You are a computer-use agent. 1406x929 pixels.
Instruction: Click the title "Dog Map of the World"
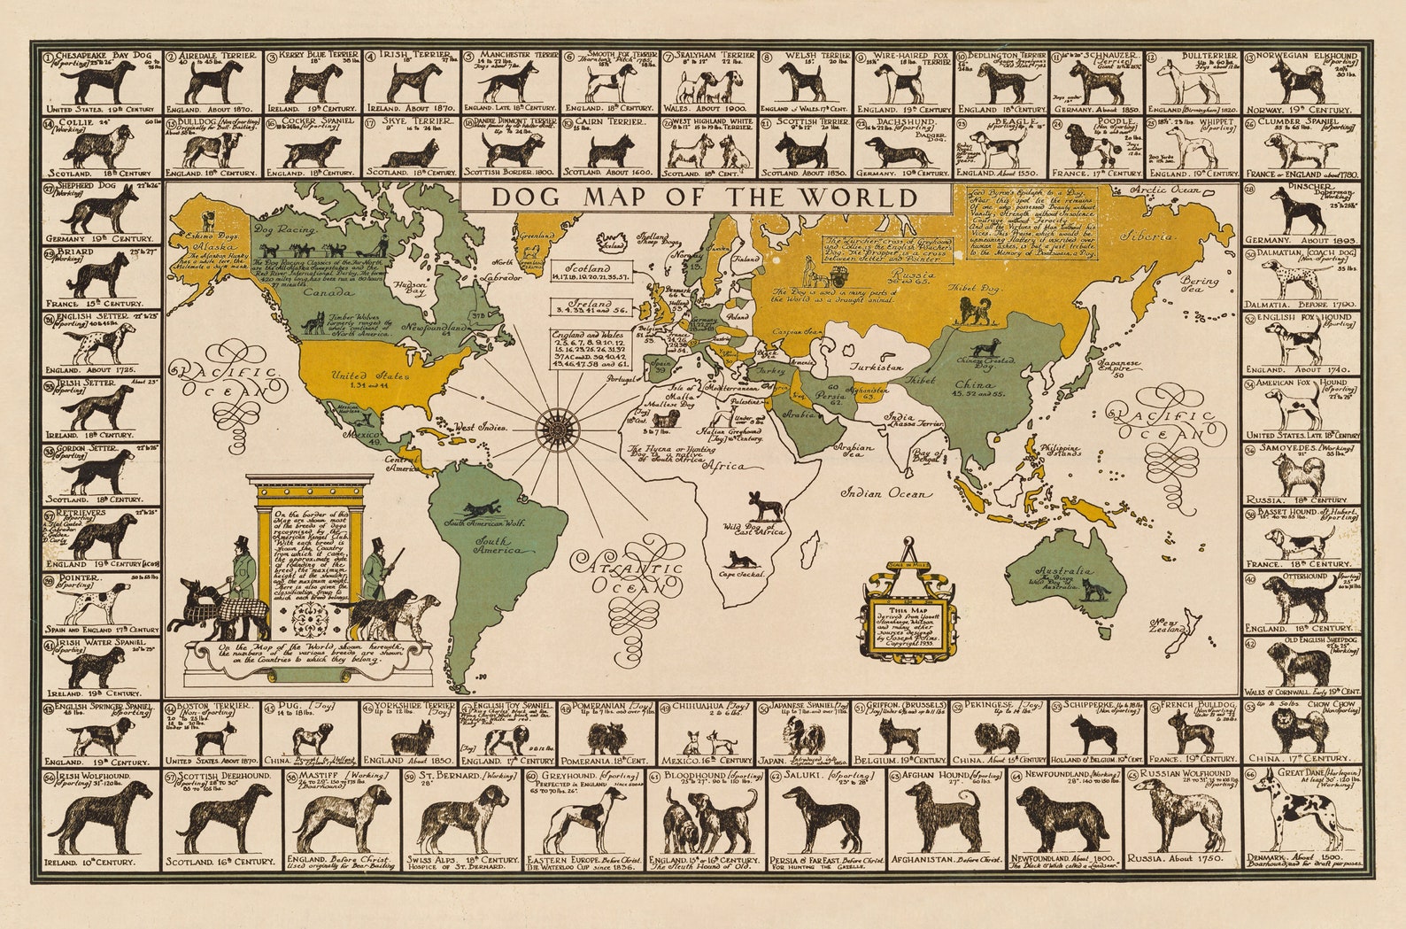[704, 197]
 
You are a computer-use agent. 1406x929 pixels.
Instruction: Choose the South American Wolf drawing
[479, 509]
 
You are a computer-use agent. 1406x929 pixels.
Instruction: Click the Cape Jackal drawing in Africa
[738, 560]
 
